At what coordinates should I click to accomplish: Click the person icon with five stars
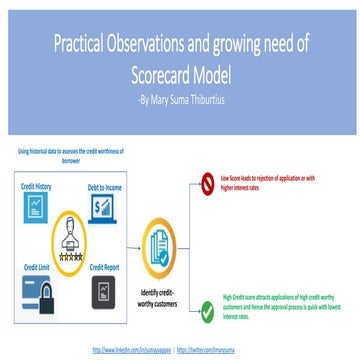tap(71, 212)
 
